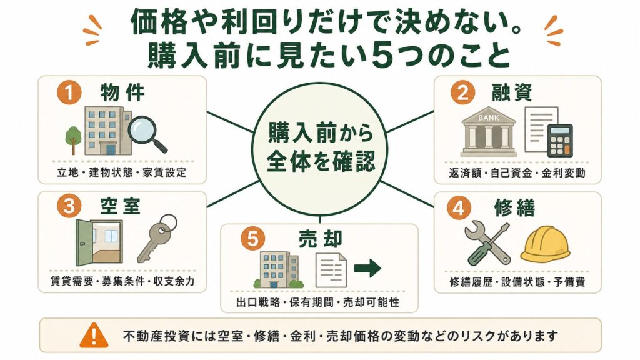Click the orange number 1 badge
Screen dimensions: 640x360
coord(69,92)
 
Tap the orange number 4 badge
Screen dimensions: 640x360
coord(459,208)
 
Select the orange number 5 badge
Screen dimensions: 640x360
coord(252,239)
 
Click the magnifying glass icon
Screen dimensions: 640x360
coord(147,134)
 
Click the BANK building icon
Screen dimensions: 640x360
coord(489,131)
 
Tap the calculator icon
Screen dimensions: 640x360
coord(560,141)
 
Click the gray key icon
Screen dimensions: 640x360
coord(157,238)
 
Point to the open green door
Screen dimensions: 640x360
coord(84,243)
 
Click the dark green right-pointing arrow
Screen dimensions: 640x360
coord(367,268)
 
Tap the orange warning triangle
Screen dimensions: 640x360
coord(94,335)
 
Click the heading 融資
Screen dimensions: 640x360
coord(512,92)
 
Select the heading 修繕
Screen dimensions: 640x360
coord(514,208)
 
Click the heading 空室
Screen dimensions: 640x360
coord(121,206)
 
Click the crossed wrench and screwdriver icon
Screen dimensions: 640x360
coord(487,243)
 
